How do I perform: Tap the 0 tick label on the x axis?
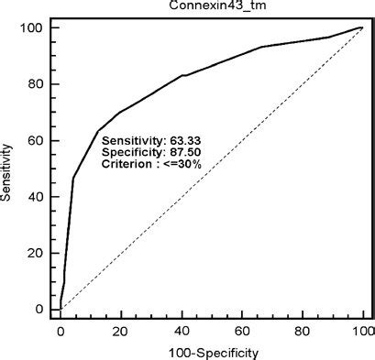(61, 327)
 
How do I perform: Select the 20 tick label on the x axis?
(121, 327)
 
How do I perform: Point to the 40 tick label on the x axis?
(182, 327)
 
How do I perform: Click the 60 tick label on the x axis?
(242, 327)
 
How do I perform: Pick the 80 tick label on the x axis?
(303, 327)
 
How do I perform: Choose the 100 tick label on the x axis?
(362, 327)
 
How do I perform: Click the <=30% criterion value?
(207, 164)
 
